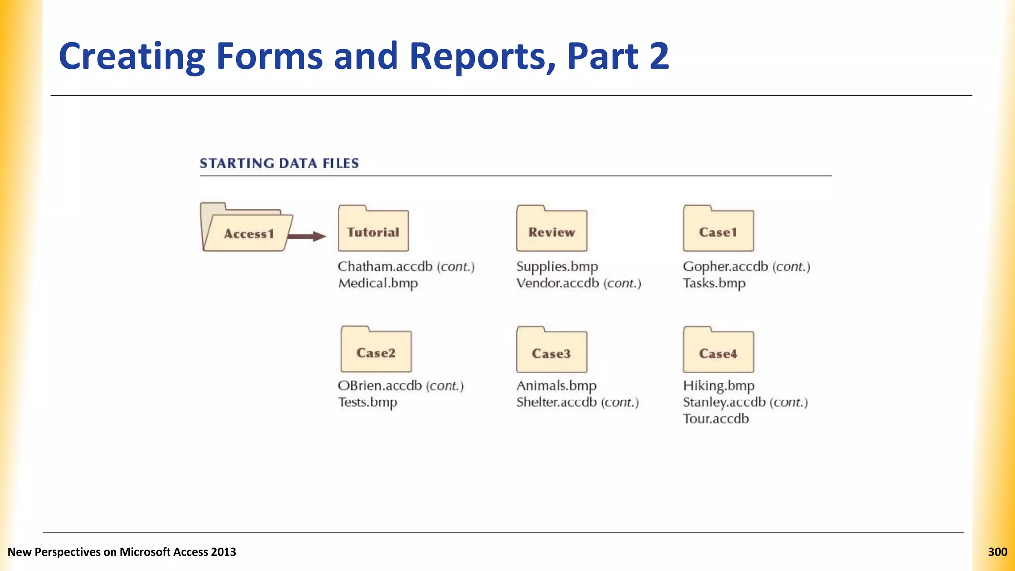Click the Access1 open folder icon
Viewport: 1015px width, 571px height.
(x=246, y=228)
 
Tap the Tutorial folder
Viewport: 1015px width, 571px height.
(x=373, y=229)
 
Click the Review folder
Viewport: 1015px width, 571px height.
(x=552, y=229)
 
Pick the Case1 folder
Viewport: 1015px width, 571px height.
(x=718, y=229)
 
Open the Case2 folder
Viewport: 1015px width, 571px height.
(x=376, y=350)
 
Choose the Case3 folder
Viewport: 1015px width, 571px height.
(x=552, y=350)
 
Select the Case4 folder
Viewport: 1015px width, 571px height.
(x=718, y=350)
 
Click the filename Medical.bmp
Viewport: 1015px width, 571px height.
(x=378, y=284)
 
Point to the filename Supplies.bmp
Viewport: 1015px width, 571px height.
(x=557, y=267)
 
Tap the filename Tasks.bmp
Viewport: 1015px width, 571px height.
(x=714, y=284)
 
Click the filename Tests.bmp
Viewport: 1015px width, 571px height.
(x=368, y=402)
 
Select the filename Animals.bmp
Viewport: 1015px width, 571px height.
(x=556, y=386)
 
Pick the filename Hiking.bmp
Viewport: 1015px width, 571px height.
(x=719, y=386)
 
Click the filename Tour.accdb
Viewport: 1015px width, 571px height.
(x=716, y=419)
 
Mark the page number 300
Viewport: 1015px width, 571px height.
(x=997, y=552)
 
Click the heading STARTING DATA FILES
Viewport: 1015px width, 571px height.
(x=279, y=163)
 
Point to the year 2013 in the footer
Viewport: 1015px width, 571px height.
(x=223, y=552)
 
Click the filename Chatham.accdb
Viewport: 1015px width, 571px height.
(x=385, y=267)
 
